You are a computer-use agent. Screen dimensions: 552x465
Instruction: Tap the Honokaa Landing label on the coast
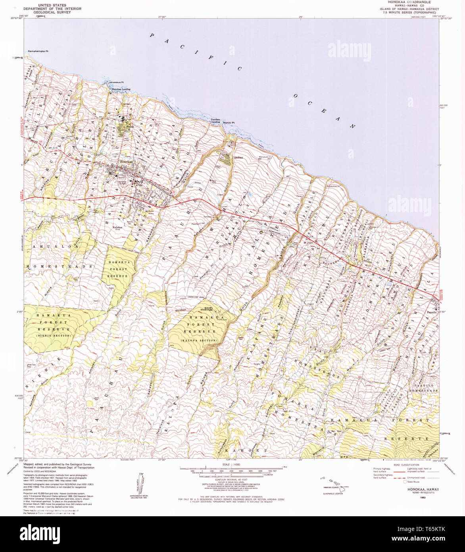click(x=121, y=89)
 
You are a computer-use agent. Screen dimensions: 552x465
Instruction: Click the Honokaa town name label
click(x=126, y=162)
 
